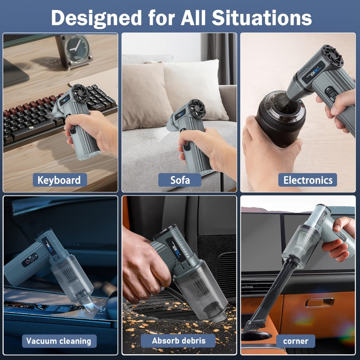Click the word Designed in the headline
pyautogui.click(x=96, y=18)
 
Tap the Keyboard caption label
pyautogui.click(x=59, y=180)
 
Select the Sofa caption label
pyautogui.click(x=180, y=180)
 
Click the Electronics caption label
pyautogui.click(x=308, y=180)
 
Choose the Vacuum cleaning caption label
pyautogui.click(x=59, y=341)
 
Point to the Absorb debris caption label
pyautogui.click(x=178, y=341)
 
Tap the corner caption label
pyautogui.click(x=296, y=341)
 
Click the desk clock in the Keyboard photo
pyautogui.click(x=74, y=51)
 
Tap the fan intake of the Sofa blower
pyautogui.click(x=197, y=109)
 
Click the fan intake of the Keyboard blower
pyautogui.click(x=80, y=93)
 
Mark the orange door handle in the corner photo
pyautogui.click(x=320, y=302)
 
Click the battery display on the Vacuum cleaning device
pyautogui.click(x=30, y=260)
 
